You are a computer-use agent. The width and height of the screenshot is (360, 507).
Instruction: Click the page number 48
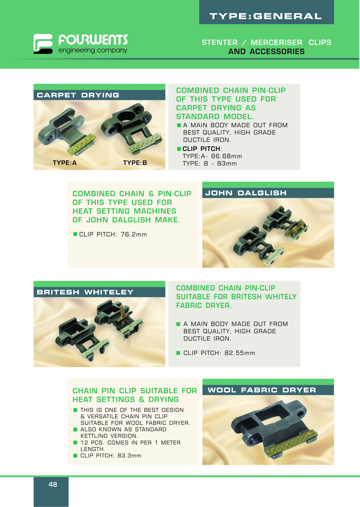point(53,484)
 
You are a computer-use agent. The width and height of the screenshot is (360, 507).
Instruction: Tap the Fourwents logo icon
point(43,44)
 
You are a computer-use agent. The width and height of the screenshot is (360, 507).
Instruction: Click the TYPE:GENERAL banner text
point(266,16)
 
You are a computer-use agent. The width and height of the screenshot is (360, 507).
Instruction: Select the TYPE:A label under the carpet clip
point(65,163)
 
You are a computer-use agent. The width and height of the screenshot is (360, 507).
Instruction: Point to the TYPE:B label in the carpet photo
point(135,163)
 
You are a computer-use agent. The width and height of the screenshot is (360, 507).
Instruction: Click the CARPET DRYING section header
point(78,95)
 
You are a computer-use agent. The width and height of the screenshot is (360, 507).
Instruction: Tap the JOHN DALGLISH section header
point(246,193)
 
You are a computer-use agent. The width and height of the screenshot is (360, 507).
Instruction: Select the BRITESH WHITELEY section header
point(85,292)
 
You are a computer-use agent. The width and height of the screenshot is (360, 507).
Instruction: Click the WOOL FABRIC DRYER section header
point(262,390)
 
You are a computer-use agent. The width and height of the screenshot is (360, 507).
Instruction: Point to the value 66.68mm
point(227,156)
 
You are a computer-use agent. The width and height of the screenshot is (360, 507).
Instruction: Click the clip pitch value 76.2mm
point(134,234)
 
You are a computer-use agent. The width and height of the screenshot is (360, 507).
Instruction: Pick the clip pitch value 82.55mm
point(240,353)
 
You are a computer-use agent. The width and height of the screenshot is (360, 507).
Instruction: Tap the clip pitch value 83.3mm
point(129,455)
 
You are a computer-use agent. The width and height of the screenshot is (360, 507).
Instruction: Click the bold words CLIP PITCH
point(201,149)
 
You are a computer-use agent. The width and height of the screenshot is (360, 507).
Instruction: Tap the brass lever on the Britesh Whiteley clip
point(122,312)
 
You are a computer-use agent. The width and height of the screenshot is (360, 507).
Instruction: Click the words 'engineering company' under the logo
point(93,50)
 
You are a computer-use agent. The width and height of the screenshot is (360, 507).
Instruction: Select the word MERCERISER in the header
point(276,43)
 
